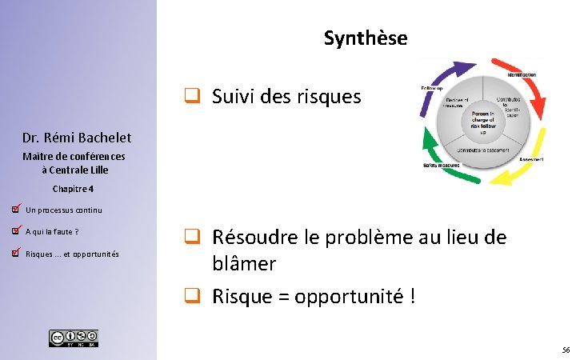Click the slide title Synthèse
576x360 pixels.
(366, 38)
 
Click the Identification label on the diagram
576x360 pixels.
(520, 74)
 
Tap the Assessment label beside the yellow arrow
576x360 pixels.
(531, 159)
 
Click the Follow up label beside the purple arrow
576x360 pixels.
(433, 87)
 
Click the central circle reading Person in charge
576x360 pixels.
(482, 120)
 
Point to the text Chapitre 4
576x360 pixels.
(73, 189)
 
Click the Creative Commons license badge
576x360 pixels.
(74, 338)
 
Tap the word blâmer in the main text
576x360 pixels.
(244, 263)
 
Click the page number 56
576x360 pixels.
(566, 350)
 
